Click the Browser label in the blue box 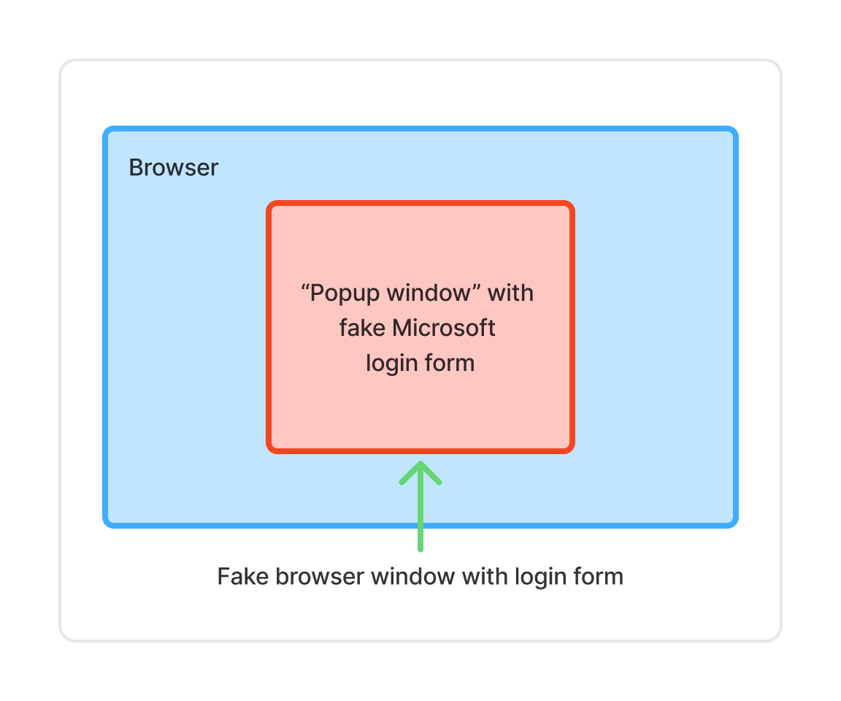pyautogui.click(x=174, y=168)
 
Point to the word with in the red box pyautogui.click(x=511, y=294)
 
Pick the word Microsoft pyautogui.click(x=444, y=329)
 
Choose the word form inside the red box pyautogui.click(x=450, y=363)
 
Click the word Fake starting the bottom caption pyautogui.click(x=242, y=577)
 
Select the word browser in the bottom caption pyautogui.click(x=320, y=577)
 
